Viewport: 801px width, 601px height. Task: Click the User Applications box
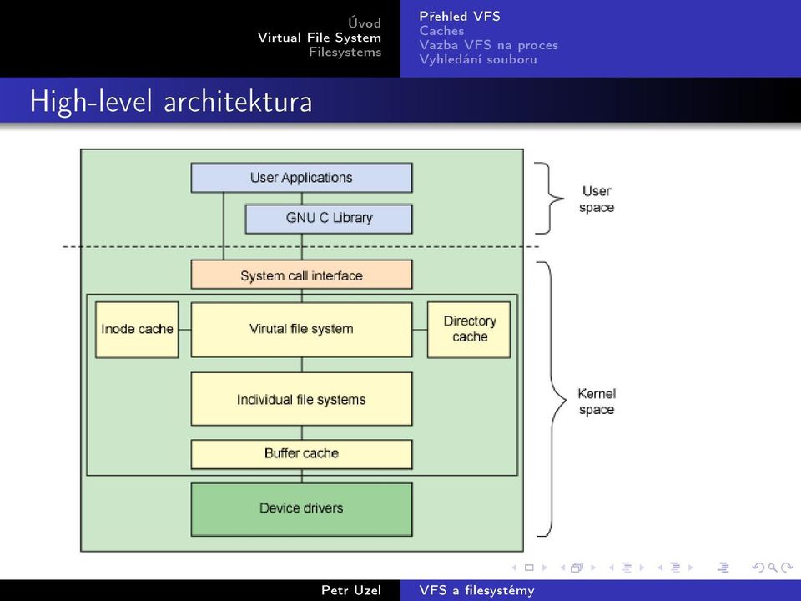pyautogui.click(x=301, y=178)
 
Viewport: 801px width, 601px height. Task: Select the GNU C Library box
pyautogui.click(x=329, y=219)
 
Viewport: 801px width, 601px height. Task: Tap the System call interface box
pyautogui.click(x=301, y=275)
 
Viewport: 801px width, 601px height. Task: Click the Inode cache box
pyautogui.click(x=137, y=329)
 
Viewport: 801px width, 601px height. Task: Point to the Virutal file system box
pyautogui.click(x=301, y=329)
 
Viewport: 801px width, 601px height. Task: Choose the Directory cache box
pyautogui.click(x=469, y=329)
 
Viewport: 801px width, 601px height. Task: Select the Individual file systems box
pyautogui.click(x=301, y=399)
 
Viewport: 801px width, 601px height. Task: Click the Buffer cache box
pyautogui.click(x=301, y=454)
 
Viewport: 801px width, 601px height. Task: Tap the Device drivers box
pyautogui.click(x=301, y=509)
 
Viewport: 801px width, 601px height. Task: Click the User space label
pyautogui.click(x=597, y=199)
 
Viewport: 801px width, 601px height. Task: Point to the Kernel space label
pyautogui.click(x=597, y=402)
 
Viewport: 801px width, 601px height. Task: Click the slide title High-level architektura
pyautogui.click(x=170, y=101)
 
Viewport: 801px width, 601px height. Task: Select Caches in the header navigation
pyautogui.click(x=441, y=31)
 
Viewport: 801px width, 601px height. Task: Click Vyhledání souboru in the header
pyautogui.click(x=478, y=59)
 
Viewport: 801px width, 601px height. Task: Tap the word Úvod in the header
pyautogui.click(x=365, y=23)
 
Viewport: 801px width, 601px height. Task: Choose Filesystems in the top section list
pyautogui.click(x=345, y=52)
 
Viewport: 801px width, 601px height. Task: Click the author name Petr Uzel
pyautogui.click(x=351, y=590)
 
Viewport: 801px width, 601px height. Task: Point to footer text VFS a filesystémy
pyautogui.click(x=476, y=590)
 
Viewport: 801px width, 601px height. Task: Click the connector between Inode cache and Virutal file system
pyautogui.click(x=184, y=330)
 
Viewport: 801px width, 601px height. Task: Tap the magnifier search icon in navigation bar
pyautogui.click(x=773, y=568)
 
